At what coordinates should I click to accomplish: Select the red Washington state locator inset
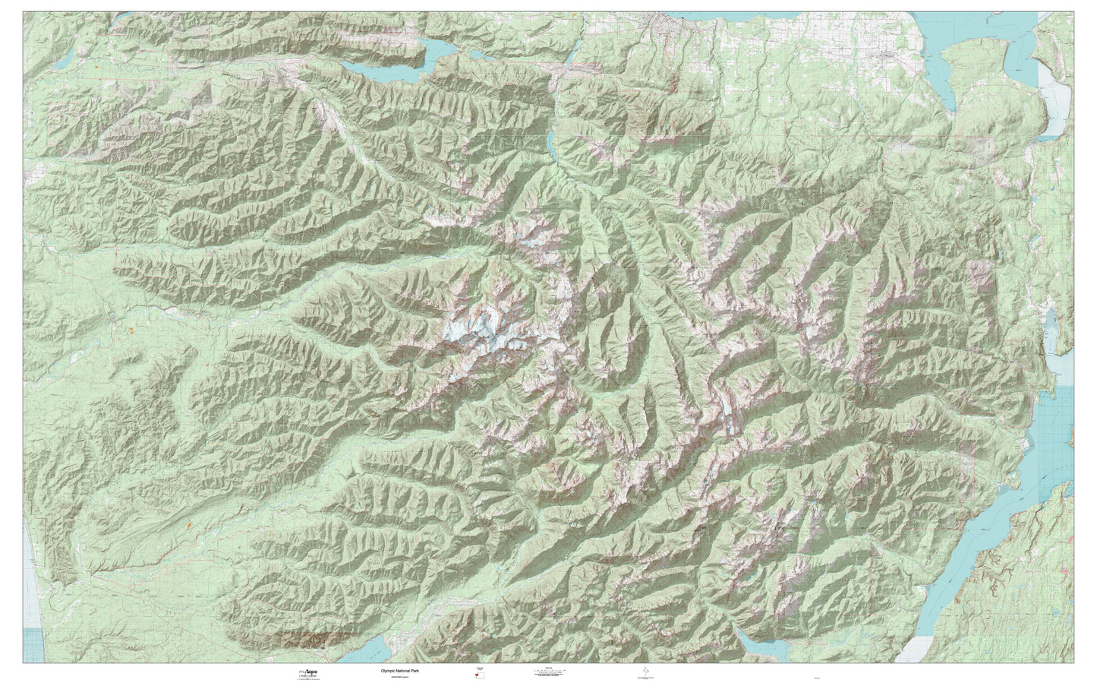tap(478, 675)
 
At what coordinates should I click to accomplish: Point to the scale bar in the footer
tap(552, 672)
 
